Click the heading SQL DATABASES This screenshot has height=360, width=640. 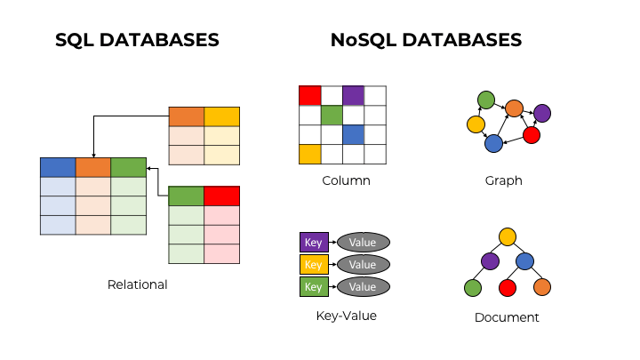click(x=137, y=40)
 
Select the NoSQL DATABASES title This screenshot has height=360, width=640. click(x=426, y=40)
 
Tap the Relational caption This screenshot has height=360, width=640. click(x=137, y=284)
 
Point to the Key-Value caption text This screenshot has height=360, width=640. click(x=346, y=315)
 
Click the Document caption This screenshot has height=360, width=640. click(x=507, y=316)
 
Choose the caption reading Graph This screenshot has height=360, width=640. click(x=503, y=180)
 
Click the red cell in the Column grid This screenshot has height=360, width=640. click(x=309, y=95)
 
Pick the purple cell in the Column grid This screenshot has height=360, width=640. click(x=353, y=95)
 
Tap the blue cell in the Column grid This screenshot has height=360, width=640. click(x=353, y=134)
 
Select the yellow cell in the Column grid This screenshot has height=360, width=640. click(x=309, y=154)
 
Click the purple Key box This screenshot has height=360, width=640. click(x=313, y=242)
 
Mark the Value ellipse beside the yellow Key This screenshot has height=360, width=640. click(x=363, y=264)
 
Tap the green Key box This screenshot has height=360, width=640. click(x=313, y=286)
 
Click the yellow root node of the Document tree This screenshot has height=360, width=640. click(x=508, y=236)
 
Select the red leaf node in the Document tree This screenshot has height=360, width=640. click(x=508, y=287)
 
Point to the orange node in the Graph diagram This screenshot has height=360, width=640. click(x=514, y=108)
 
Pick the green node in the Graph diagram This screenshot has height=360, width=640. click(x=485, y=99)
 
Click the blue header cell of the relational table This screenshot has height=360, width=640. click(x=58, y=167)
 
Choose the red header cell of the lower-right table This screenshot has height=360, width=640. click(x=221, y=196)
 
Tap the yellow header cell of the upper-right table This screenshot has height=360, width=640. click(x=222, y=116)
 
